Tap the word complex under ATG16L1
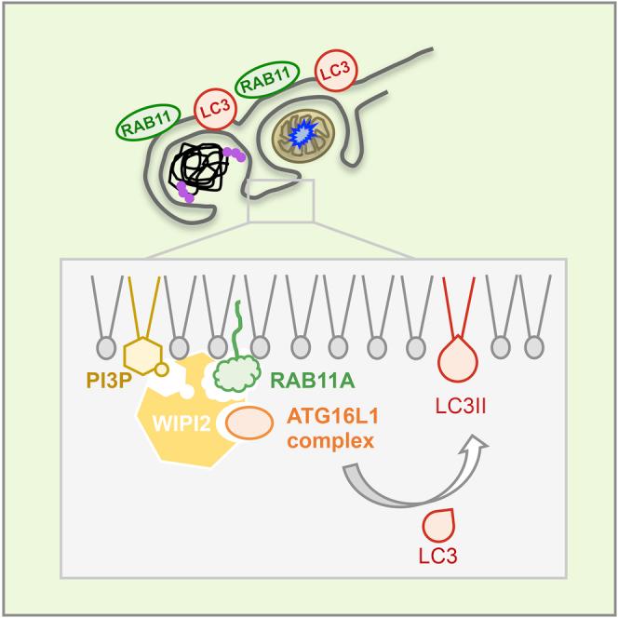(329, 441)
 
